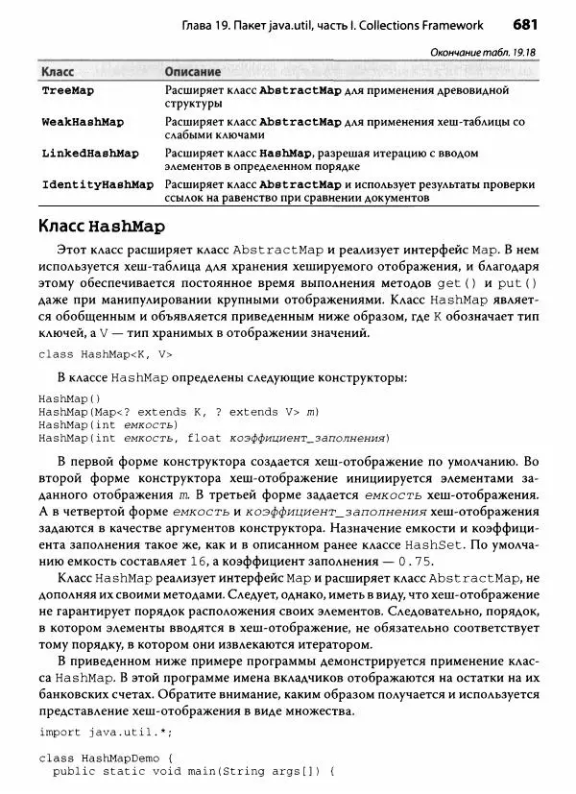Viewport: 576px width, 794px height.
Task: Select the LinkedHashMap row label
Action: coord(89,154)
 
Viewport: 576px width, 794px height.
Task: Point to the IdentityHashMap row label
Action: coord(97,184)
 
